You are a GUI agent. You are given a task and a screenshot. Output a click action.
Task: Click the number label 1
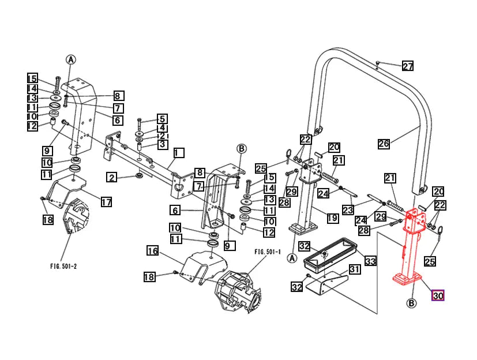pyautogui.click(x=179, y=153)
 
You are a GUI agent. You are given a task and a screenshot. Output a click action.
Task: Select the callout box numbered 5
pyautogui.click(x=162, y=118)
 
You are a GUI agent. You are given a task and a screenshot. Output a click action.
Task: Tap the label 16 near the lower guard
pyautogui.click(x=152, y=251)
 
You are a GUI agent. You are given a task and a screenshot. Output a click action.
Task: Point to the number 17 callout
pyautogui.click(x=106, y=201)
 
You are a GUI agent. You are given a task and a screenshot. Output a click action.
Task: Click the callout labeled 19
pyautogui.click(x=332, y=218)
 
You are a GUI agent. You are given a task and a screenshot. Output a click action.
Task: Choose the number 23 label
pyautogui.click(x=347, y=210)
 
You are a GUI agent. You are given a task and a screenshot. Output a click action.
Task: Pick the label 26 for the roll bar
pyautogui.click(x=384, y=144)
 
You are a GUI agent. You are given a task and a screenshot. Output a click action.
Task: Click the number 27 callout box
pyautogui.click(x=408, y=66)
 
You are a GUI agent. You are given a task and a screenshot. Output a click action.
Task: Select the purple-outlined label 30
pyautogui.click(x=438, y=296)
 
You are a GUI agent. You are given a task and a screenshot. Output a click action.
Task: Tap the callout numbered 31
pyautogui.click(x=354, y=269)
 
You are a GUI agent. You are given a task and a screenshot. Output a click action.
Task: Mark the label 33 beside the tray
pyautogui.click(x=370, y=261)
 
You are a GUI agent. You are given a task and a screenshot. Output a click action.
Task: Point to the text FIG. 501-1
pyautogui.click(x=267, y=252)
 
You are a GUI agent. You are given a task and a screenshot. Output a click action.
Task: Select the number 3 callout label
pyautogui.click(x=162, y=144)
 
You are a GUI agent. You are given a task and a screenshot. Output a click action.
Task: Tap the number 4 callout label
pyautogui.click(x=162, y=127)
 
